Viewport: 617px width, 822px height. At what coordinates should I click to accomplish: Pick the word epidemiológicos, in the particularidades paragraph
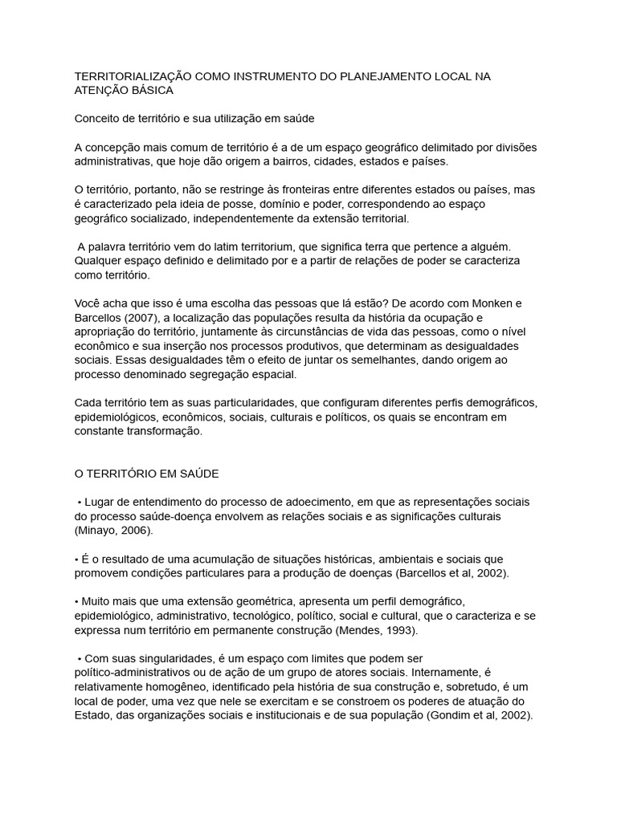[x=116, y=417]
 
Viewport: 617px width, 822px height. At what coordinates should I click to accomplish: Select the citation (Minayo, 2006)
[x=113, y=531]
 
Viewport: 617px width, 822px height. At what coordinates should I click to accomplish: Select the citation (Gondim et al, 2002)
[x=480, y=715]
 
